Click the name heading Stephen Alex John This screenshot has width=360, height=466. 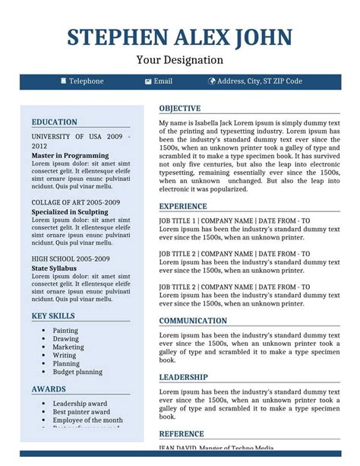(179, 37)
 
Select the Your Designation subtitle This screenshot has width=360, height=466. (179, 60)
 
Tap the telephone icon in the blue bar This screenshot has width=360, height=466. (63, 81)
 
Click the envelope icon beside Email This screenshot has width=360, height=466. (148, 81)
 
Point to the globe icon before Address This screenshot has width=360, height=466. (212, 81)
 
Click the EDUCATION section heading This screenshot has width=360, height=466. (54, 122)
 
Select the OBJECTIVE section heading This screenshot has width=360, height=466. (179, 109)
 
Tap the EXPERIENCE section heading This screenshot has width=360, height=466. (182, 206)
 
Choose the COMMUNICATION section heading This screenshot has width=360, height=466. (193, 321)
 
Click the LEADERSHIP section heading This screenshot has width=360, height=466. (183, 377)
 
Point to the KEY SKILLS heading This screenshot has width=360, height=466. (53, 315)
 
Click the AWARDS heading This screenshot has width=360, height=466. (49, 389)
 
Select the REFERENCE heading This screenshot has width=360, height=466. (182, 434)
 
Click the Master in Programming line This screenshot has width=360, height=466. (70, 155)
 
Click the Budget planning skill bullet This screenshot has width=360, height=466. (77, 372)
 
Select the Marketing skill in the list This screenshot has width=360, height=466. (68, 347)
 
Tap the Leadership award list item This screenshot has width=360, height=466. (80, 404)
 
